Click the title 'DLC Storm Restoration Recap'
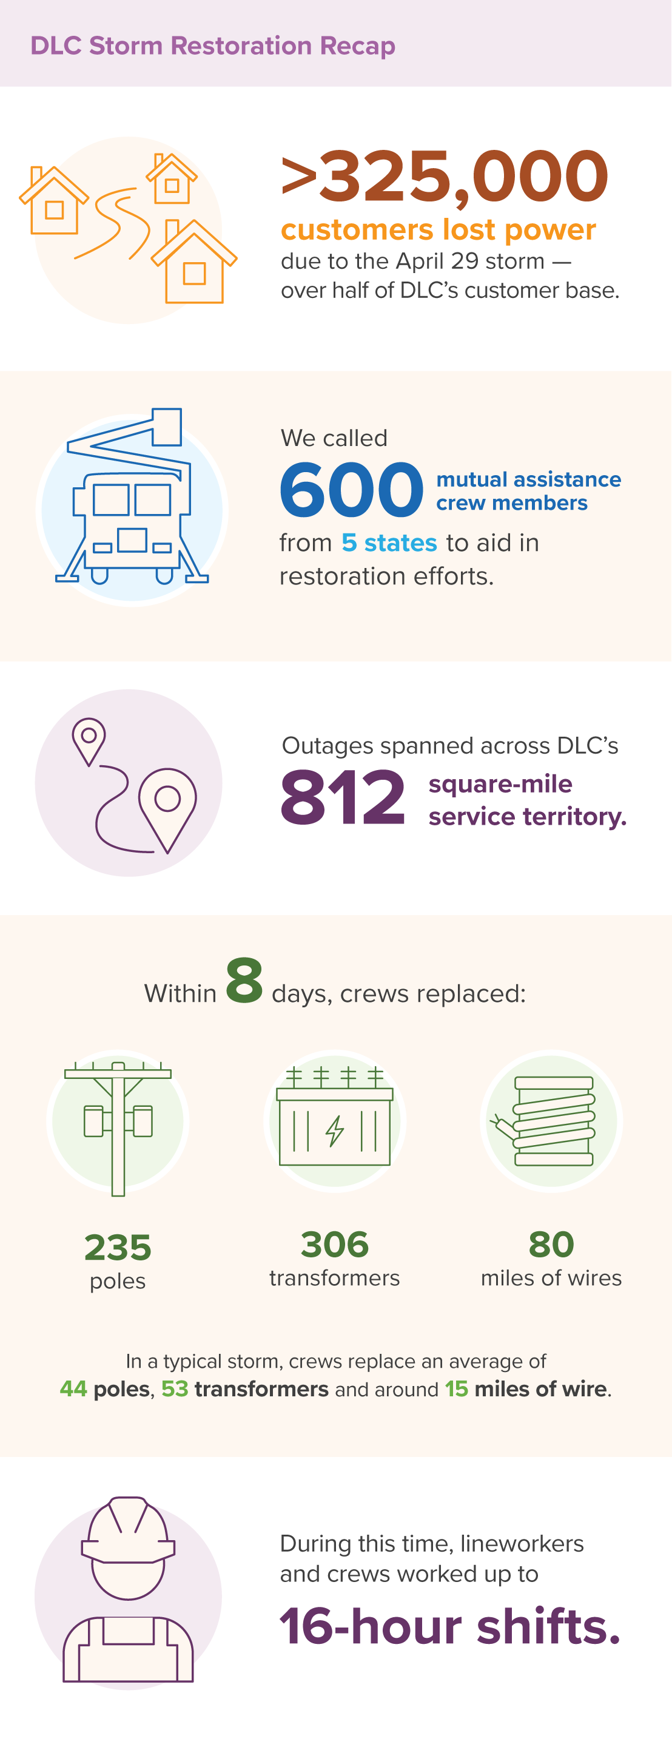(213, 46)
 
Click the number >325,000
(445, 177)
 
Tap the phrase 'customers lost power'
(438, 230)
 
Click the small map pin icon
(89, 740)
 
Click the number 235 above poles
(118, 1247)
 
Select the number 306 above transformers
(335, 1244)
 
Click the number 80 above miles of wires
(551, 1244)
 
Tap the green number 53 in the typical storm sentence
(174, 1389)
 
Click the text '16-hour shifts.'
(450, 1626)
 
